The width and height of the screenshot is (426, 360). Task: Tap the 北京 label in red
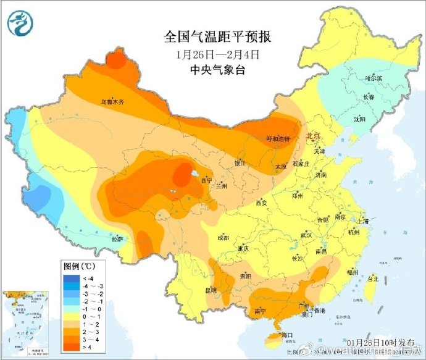(x=314, y=136)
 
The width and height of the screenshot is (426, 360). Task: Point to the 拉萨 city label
(x=117, y=238)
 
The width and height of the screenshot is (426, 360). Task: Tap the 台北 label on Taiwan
(x=373, y=279)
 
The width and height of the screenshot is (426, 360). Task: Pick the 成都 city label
(x=223, y=238)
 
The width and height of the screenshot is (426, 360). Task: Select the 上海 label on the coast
(x=362, y=220)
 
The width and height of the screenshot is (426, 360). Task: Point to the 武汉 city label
(x=306, y=235)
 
